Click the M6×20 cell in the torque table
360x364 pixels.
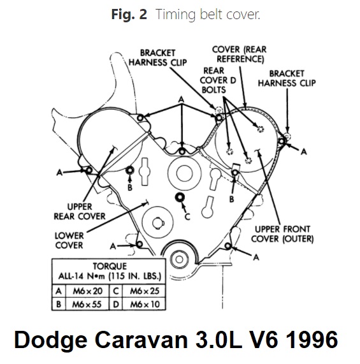pyautogui.click(x=88, y=291)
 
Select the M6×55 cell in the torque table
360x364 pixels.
pyautogui.click(x=87, y=304)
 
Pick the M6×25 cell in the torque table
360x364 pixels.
pyautogui.click(x=144, y=291)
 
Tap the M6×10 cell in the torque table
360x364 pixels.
pyautogui.click(x=145, y=304)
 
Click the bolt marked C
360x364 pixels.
pyautogui.click(x=180, y=198)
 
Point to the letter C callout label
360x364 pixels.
pyautogui.click(x=187, y=217)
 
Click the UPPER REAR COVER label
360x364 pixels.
pyautogui.click(x=80, y=212)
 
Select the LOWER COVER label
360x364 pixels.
pyautogui.click(x=69, y=240)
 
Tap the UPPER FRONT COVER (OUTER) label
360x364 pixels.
pyautogui.click(x=282, y=234)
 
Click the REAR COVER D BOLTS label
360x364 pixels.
pyautogui.click(x=217, y=80)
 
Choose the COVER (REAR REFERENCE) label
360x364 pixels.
pyautogui.click(x=240, y=54)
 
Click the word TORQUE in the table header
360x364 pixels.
pyautogui.click(x=110, y=266)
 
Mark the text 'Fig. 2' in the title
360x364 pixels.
pyautogui.click(x=129, y=14)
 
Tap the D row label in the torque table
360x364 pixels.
pyautogui.click(x=116, y=304)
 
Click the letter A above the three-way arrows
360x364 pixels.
pyautogui.click(x=181, y=100)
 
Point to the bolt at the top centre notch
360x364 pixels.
pyautogui.click(x=182, y=152)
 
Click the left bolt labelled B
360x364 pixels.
pyautogui.click(x=130, y=170)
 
